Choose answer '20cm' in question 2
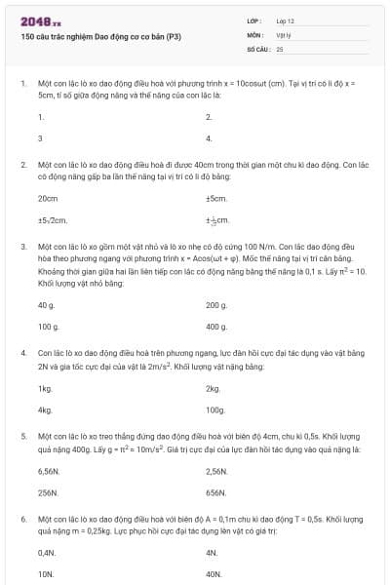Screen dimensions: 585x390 [x=48, y=198]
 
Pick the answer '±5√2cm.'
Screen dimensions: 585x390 [x=53, y=220]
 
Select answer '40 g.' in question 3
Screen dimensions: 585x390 [x=47, y=305]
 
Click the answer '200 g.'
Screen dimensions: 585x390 [x=216, y=305]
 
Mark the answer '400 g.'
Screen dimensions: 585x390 [x=216, y=327]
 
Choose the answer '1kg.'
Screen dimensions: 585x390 [x=45, y=388]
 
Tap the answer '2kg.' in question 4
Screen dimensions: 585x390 [x=214, y=388]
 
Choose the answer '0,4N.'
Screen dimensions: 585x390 [x=47, y=553]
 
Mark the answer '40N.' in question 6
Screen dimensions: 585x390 [x=214, y=574]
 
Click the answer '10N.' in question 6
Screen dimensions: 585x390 [x=46, y=574]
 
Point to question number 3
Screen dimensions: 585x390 [x=22, y=248]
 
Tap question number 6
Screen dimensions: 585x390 [x=22, y=521]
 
